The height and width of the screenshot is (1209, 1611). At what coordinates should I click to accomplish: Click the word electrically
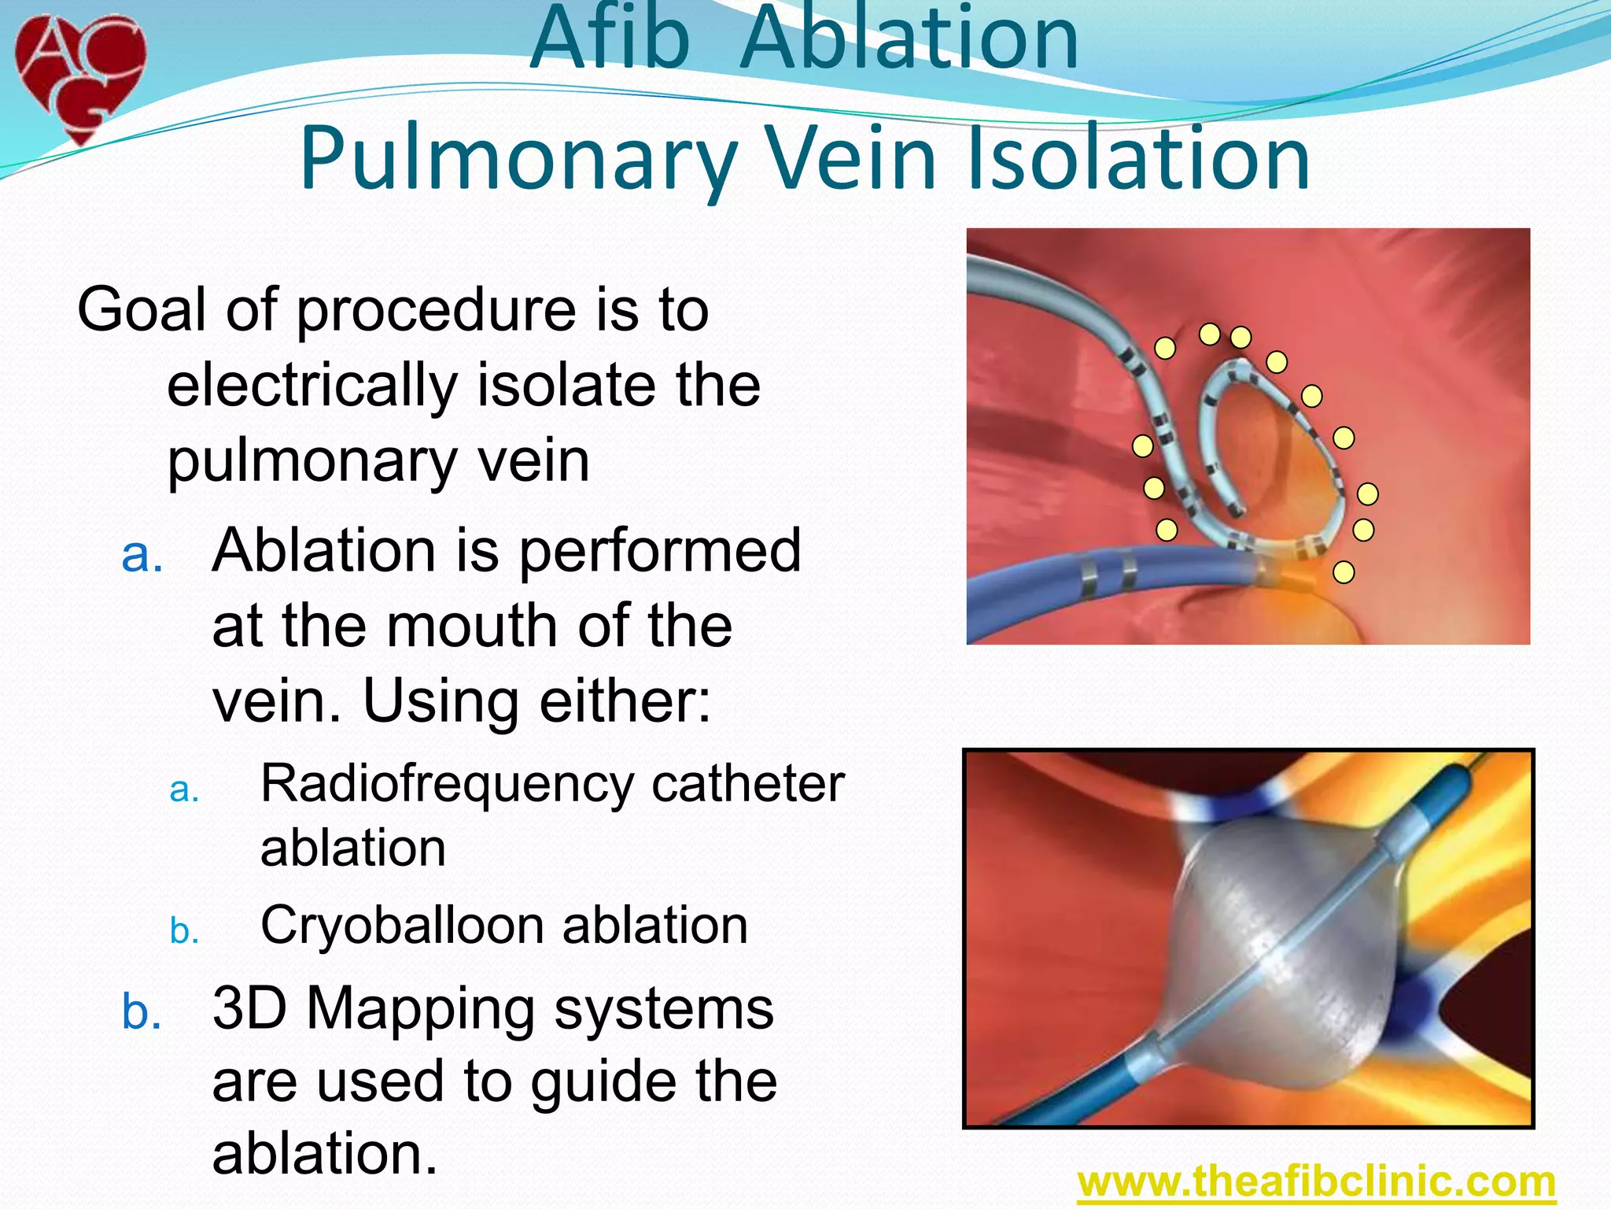pos(312,386)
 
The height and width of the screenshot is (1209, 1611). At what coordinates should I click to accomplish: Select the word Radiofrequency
pos(447,784)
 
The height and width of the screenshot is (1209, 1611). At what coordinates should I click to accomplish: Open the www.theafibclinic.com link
pos(1316,1182)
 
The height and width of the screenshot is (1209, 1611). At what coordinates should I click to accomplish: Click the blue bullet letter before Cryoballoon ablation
pos(184,931)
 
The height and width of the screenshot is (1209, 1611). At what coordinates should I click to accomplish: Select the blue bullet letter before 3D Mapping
pos(142,1012)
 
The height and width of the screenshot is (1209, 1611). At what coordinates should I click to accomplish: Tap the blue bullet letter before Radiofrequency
pos(184,789)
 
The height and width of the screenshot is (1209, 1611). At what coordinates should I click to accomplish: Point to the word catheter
pos(747,786)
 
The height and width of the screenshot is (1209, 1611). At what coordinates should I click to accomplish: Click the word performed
pos(659,551)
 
